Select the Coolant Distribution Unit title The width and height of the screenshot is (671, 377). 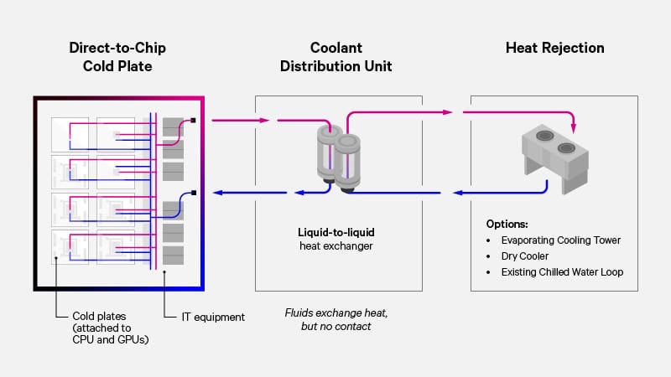pos(336,56)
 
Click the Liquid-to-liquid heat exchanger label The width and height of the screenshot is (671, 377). pos(336,238)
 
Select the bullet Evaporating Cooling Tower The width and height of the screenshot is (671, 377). pos(559,240)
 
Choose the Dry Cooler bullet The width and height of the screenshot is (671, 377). pos(525,256)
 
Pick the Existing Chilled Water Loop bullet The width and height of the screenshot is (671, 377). pos(562,272)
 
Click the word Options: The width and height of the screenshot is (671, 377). pos(507,225)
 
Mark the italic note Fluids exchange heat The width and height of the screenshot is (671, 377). pos(336,312)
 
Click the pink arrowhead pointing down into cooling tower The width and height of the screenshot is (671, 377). pos(575,128)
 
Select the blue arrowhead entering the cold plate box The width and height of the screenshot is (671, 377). pos(216,193)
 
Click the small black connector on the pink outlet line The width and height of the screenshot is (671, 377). pos(194,120)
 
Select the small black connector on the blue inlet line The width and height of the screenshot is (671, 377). pos(194,193)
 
